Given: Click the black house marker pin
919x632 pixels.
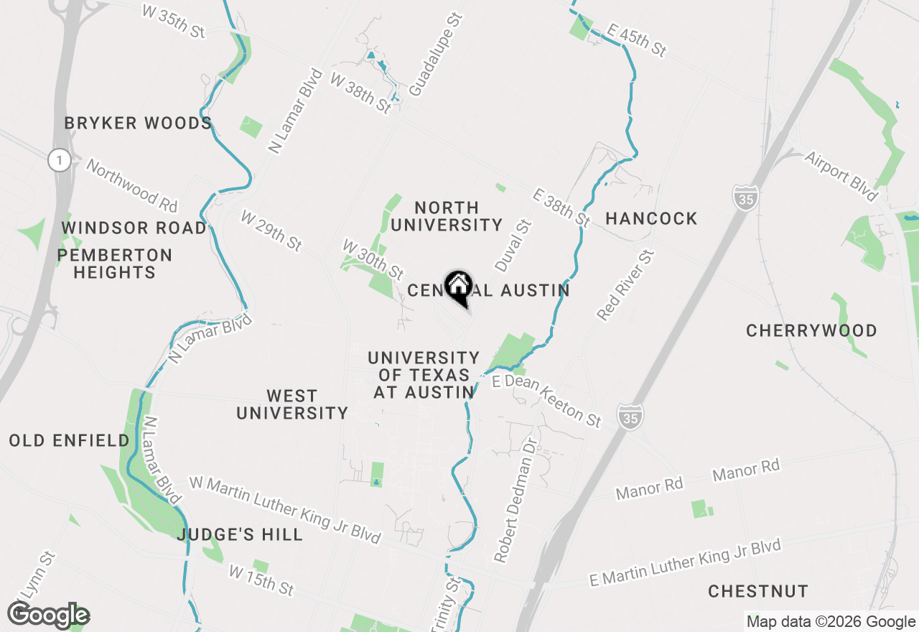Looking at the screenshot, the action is [x=458, y=289].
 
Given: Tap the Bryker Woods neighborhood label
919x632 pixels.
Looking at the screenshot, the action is [x=138, y=124].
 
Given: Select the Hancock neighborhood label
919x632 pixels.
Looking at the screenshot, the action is [x=651, y=218].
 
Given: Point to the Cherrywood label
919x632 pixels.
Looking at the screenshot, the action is [x=811, y=331].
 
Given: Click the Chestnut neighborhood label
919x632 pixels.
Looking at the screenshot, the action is [x=758, y=592].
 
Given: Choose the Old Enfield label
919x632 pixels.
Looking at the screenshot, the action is [x=70, y=441].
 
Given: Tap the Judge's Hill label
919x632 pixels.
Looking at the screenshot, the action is [x=240, y=535].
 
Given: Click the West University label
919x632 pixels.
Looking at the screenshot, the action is [x=292, y=404].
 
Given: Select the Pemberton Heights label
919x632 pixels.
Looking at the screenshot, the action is [x=115, y=264].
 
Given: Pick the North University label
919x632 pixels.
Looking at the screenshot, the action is [x=447, y=216].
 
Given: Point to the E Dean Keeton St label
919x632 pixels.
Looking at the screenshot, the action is [x=546, y=401].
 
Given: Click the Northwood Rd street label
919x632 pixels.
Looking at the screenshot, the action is [x=132, y=186].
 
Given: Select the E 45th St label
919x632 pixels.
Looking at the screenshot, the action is [x=636, y=40].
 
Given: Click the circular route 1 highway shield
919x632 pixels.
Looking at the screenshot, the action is [x=60, y=160].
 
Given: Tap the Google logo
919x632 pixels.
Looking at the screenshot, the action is [x=49, y=615].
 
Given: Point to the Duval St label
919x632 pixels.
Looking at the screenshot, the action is [x=512, y=246].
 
